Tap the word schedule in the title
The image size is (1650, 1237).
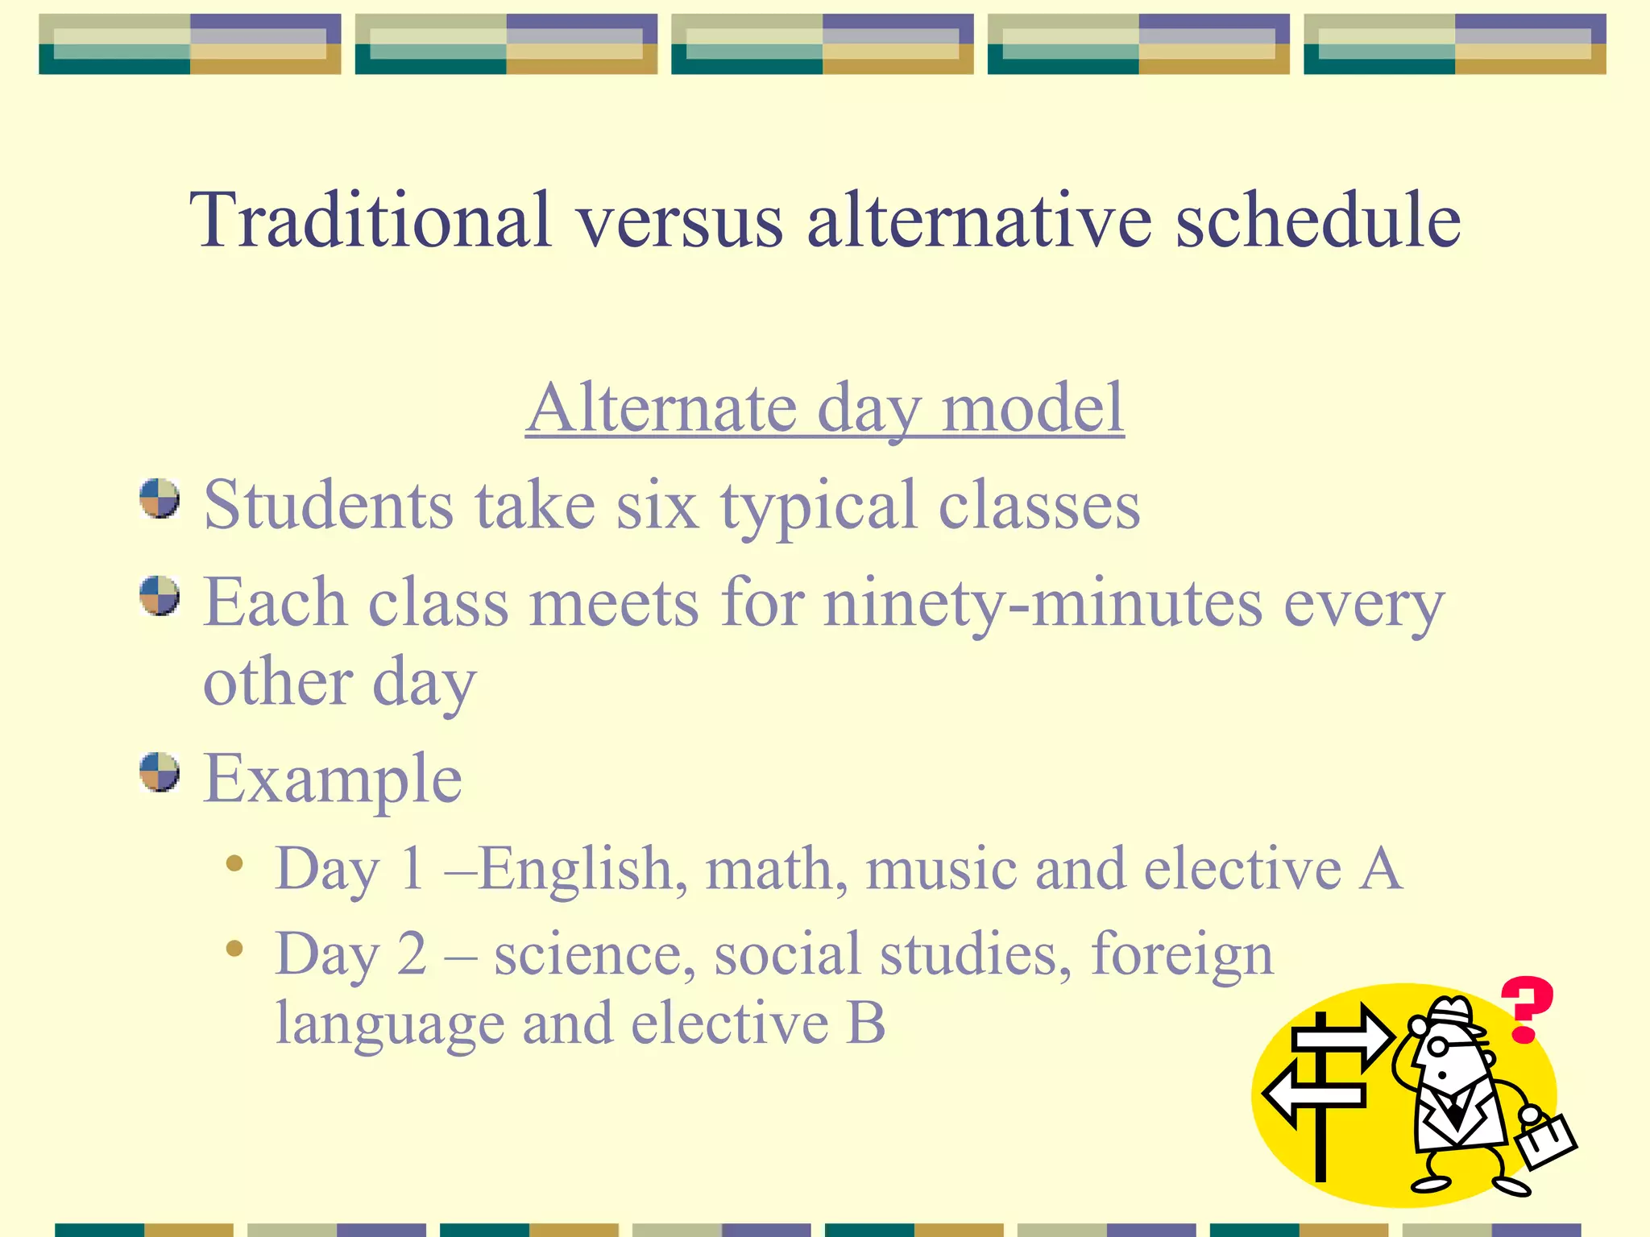(x=1318, y=219)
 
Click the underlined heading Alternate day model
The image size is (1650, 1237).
(x=825, y=408)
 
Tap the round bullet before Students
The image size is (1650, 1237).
(x=159, y=499)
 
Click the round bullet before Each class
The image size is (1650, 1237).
(x=159, y=596)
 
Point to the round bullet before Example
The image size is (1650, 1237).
(x=159, y=772)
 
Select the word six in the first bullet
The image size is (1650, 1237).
(x=657, y=506)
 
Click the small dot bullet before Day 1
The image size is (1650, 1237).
(x=234, y=864)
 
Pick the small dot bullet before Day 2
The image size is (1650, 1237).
(x=234, y=949)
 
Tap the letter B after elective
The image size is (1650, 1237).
(x=866, y=1024)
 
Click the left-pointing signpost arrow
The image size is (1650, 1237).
(x=1309, y=1095)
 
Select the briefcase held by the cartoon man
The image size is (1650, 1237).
(x=1545, y=1141)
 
